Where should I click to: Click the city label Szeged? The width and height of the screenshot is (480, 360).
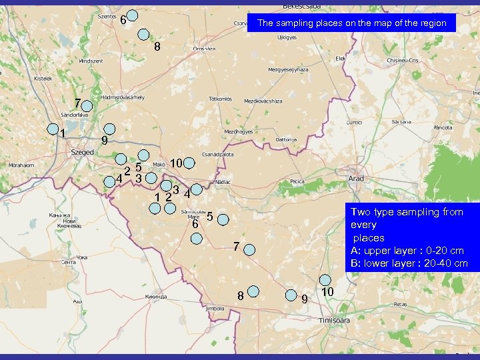(x=83, y=152)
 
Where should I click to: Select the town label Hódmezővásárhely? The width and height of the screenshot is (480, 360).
(x=122, y=97)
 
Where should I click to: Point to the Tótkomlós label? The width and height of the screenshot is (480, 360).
(x=219, y=99)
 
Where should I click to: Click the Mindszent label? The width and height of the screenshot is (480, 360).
(x=91, y=61)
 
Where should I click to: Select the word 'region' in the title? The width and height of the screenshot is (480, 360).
(x=434, y=23)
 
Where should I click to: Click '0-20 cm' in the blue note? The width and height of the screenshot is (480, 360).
(x=439, y=251)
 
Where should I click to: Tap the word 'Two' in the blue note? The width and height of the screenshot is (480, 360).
(x=361, y=212)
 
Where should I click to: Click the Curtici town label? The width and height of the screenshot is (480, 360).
(x=353, y=123)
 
